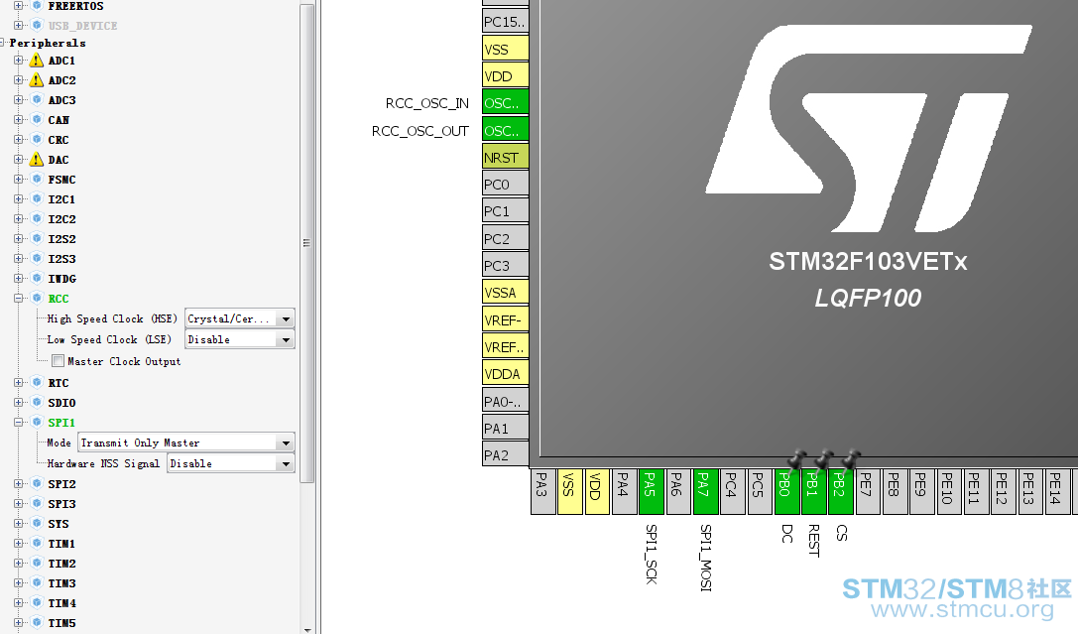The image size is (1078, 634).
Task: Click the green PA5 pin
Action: coord(651,492)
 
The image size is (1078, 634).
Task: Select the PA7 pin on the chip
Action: coord(705,492)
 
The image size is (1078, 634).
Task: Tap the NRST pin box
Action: coord(506,157)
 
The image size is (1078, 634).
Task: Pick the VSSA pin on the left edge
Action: coord(506,293)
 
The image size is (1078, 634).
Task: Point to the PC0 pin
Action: coord(506,185)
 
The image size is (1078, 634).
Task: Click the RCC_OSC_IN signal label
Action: coord(427,104)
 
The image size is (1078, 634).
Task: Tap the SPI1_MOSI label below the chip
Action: coord(705,558)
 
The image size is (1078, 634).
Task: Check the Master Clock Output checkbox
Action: coord(59,361)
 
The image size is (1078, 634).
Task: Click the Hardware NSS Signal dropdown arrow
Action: coord(286,464)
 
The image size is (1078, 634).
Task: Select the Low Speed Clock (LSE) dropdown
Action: coord(240,339)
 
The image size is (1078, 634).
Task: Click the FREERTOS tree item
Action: coord(75,6)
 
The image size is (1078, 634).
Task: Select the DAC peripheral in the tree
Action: coord(59,160)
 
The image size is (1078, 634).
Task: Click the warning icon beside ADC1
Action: coord(37,61)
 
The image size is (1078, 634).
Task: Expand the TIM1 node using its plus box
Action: coord(19,544)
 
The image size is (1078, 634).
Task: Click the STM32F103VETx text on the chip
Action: coord(868,262)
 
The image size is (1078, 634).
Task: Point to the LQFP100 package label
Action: coord(868,298)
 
